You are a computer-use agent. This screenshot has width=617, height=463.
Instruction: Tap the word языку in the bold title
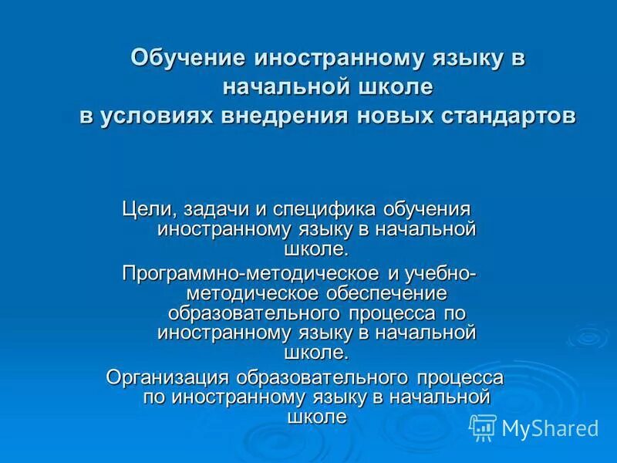pos(456,59)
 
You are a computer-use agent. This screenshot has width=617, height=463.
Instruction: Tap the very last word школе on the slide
pos(317,417)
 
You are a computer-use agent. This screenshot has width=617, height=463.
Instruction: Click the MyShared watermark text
pos(550,428)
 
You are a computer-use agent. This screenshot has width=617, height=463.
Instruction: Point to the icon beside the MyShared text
pos(483,427)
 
